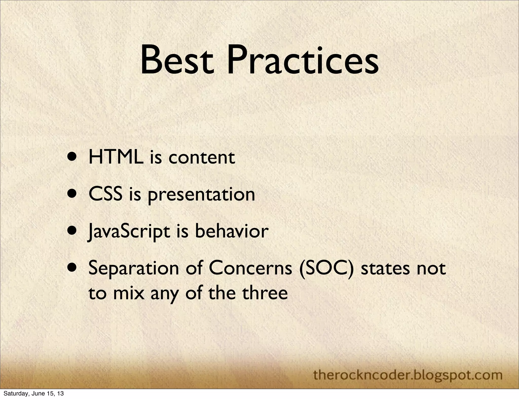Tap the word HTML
(x=116, y=157)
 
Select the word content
(x=201, y=158)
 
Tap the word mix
(x=128, y=293)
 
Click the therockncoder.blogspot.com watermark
(x=408, y=375)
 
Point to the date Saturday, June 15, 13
(x=33, y=394)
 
